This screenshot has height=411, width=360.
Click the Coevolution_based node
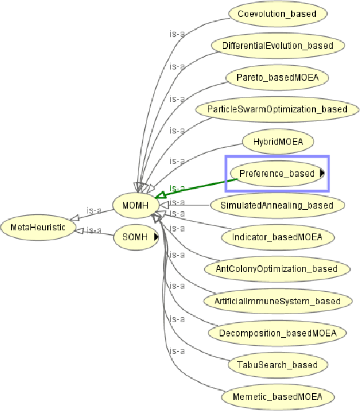click(x=278, y=13)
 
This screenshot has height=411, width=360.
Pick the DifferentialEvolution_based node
click(x=277, y=45)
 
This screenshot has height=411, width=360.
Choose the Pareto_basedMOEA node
click(x=277, y=78)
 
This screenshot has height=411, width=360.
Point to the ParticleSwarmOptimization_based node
click(x=277, y=109)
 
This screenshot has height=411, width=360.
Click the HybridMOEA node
click(x=277, y=142)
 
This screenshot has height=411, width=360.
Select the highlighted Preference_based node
click(x=277, y=174)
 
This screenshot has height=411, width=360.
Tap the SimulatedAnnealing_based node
click(x=277, y=205)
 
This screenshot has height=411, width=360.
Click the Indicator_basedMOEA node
click(x=277, y=237)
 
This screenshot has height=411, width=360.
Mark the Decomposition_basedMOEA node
click(x=277, y=333)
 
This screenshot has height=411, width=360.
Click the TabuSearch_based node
click(x=277, y=365)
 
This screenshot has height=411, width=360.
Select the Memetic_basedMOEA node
click(x=277, y=397)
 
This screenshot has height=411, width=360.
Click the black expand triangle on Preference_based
click(x=322, y=174)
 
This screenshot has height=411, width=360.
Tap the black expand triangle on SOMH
click(x=156, y=237)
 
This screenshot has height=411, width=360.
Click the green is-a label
click(x=178, y=188)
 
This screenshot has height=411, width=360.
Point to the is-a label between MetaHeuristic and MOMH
click(x=94, y=210)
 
